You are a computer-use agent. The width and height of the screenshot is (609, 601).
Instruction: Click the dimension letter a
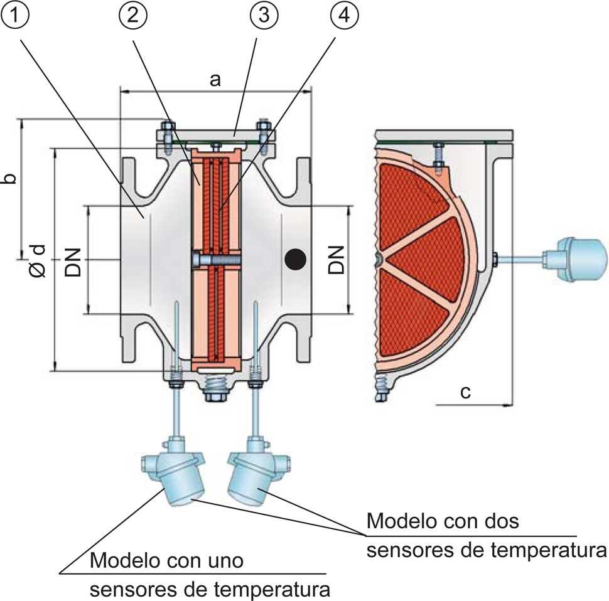(x=215, y=80)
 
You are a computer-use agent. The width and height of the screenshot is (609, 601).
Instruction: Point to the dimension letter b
(x=9, y=178)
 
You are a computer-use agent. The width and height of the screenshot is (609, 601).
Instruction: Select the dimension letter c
(x=465, y=393)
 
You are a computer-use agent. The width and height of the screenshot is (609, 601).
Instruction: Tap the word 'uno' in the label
(x=225, y=560)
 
